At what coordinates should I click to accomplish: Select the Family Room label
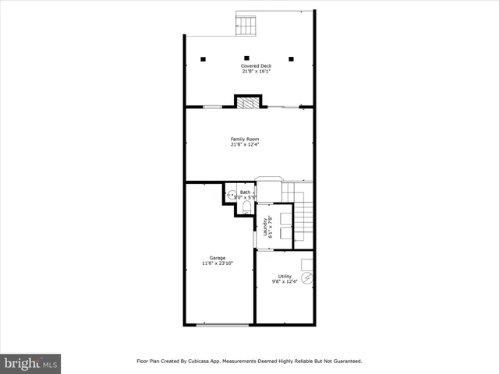[x=244, y=139]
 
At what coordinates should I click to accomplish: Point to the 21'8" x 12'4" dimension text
[x=244, y=144]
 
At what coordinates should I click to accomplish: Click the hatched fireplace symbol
[x=248, y=101]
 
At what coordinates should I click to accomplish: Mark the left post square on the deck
[x=203, y=58]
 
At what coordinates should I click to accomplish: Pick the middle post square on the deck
[x=246, y=58]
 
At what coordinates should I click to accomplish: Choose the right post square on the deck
[x=291, y=58]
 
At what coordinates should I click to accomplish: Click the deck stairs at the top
[x=246, y=26]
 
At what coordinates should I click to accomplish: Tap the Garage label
[x=218, y=258]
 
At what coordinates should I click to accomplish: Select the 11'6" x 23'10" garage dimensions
[x=218, y=263]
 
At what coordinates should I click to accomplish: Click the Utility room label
[x=285, y=276]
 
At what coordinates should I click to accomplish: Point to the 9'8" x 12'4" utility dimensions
[x=285, y=281]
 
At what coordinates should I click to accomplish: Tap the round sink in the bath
[x=231, y=196]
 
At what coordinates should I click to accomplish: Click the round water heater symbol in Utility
[x=307, y=277]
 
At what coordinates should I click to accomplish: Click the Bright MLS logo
[x=30, y=363]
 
